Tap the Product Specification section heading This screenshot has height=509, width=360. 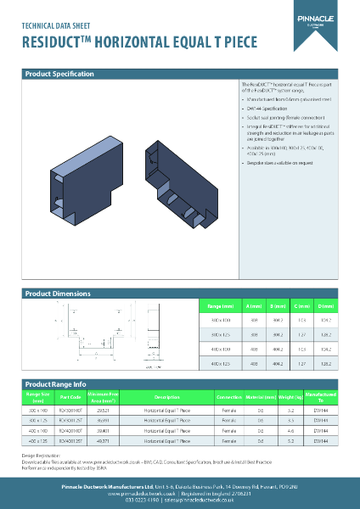click(59, 75)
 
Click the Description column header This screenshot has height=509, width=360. click(166, 396)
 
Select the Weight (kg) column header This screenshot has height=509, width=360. click(291, 396)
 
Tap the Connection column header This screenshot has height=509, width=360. click(229, 396)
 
